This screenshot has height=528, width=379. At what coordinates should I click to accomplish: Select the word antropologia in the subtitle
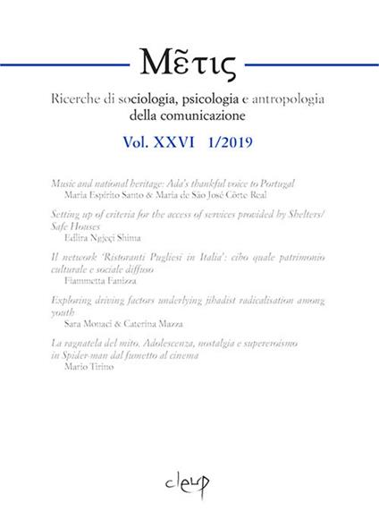click(x=321, y=98)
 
